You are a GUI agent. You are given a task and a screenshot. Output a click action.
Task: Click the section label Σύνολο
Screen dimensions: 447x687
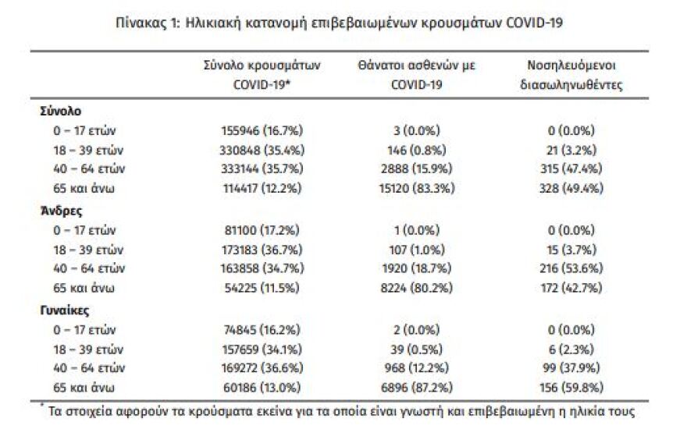60,111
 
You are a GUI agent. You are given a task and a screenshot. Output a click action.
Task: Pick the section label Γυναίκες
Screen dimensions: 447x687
65,310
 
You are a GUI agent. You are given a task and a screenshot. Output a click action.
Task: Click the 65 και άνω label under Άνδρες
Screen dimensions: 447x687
77,288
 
